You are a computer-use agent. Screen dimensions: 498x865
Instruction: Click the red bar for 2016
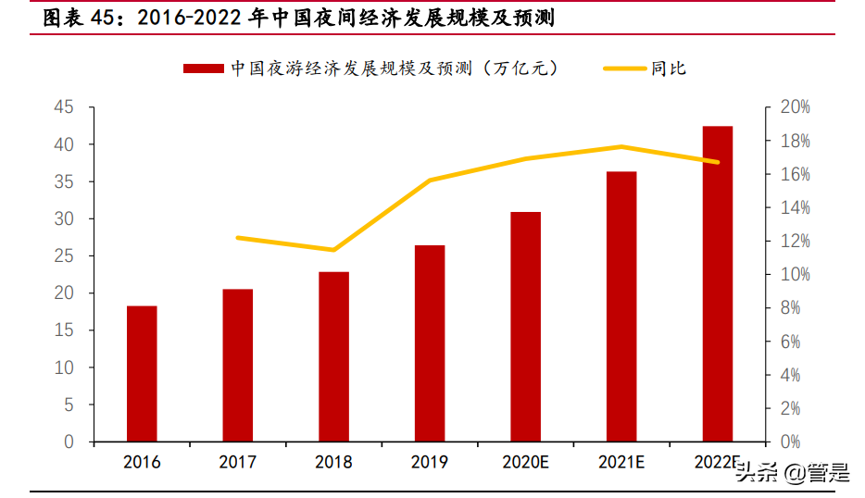pos(142,374)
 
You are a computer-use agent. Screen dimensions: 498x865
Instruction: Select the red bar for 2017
pos(237,366)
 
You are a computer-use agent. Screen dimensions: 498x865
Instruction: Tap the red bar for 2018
pos(333,356)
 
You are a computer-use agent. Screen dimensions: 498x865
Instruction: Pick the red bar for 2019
pos(430,343)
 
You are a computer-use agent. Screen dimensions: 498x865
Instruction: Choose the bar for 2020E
pos(525,327)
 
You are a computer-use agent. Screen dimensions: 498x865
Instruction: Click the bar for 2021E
pos(621,306)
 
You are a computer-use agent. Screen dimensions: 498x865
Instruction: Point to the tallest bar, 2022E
pos(717,284)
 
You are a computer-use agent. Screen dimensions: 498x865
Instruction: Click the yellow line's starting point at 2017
pos(237,238)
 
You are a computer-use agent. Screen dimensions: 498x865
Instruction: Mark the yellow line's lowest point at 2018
pos(333,250)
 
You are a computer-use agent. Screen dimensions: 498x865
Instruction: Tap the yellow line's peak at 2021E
pos(621,146)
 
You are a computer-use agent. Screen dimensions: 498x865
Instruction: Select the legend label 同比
pos(668,68)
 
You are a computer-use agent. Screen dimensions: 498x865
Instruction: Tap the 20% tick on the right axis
pos(795,107)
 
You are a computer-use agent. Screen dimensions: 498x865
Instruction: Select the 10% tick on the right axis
pos(795,275)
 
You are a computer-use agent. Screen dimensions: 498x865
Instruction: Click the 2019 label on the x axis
pos(430,463)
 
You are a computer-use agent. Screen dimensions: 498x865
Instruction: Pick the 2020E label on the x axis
pos(525,463)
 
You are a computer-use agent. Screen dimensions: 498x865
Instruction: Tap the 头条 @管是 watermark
pos(792,474)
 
